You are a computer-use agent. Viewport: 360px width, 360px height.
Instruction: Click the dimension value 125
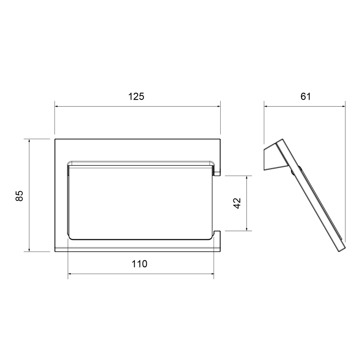(x=136, y=96)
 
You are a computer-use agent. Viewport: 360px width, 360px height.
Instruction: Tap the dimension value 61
(x=306, y=96)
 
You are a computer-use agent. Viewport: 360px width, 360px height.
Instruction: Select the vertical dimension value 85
(x=19, y=196)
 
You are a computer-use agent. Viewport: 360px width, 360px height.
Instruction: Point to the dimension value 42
(x=237, y=203)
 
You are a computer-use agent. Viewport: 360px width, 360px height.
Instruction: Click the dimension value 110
(x=139, y=264)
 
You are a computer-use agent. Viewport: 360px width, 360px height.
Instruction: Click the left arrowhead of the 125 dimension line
(x=56, y=107)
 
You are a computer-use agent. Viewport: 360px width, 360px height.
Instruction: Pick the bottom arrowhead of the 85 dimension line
(x=29, y=250)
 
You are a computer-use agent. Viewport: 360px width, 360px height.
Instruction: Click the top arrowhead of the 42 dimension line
(x=247, y=178)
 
